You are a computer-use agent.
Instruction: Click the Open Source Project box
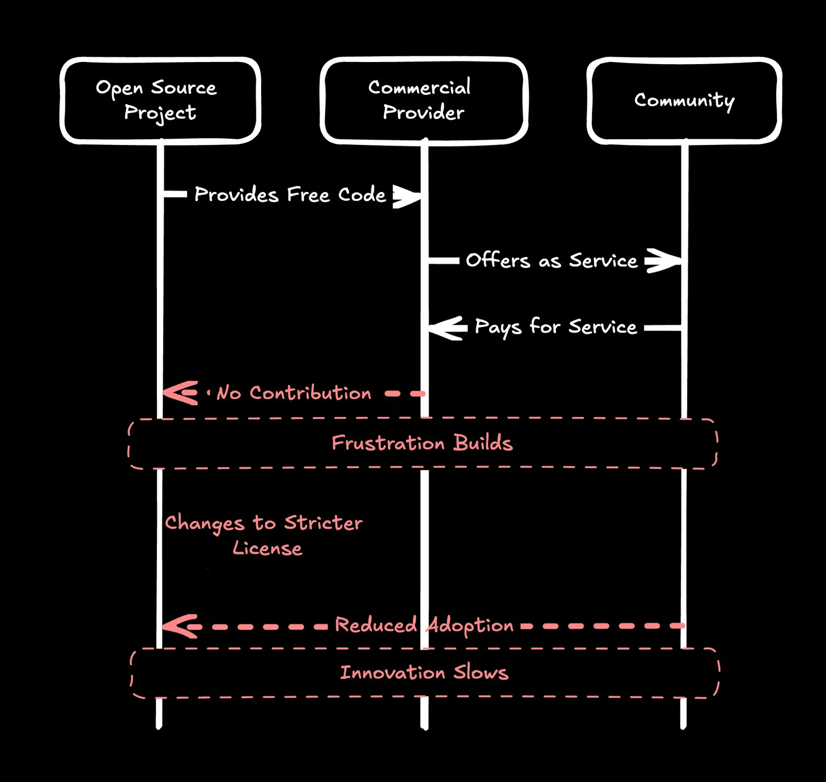tap(160, 100)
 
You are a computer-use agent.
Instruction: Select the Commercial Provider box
tap(423, 100)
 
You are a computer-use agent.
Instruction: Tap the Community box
tap(684, 100)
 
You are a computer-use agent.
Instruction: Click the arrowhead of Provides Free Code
tap(409, 196)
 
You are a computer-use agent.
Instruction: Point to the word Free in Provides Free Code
tap(308, 195)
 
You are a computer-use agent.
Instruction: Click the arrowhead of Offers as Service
tap(665, 261)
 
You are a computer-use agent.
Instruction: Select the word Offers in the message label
tap(497, 260)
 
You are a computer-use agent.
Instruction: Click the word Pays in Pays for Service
tap(497, 327)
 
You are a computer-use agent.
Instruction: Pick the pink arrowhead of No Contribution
tap(179, 393)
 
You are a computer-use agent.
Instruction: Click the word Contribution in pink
tap(310, 393)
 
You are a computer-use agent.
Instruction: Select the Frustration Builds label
tap(422, 443)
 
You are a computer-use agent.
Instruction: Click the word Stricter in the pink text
tap(323, 523)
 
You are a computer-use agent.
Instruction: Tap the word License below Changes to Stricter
tap(268, 548)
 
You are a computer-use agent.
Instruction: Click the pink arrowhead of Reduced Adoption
tap(179, 626)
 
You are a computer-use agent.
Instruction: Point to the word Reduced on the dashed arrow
tap(375, 625)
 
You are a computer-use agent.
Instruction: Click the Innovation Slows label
tap(424, 673)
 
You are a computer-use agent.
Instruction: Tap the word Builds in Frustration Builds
tap(483, 443)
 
